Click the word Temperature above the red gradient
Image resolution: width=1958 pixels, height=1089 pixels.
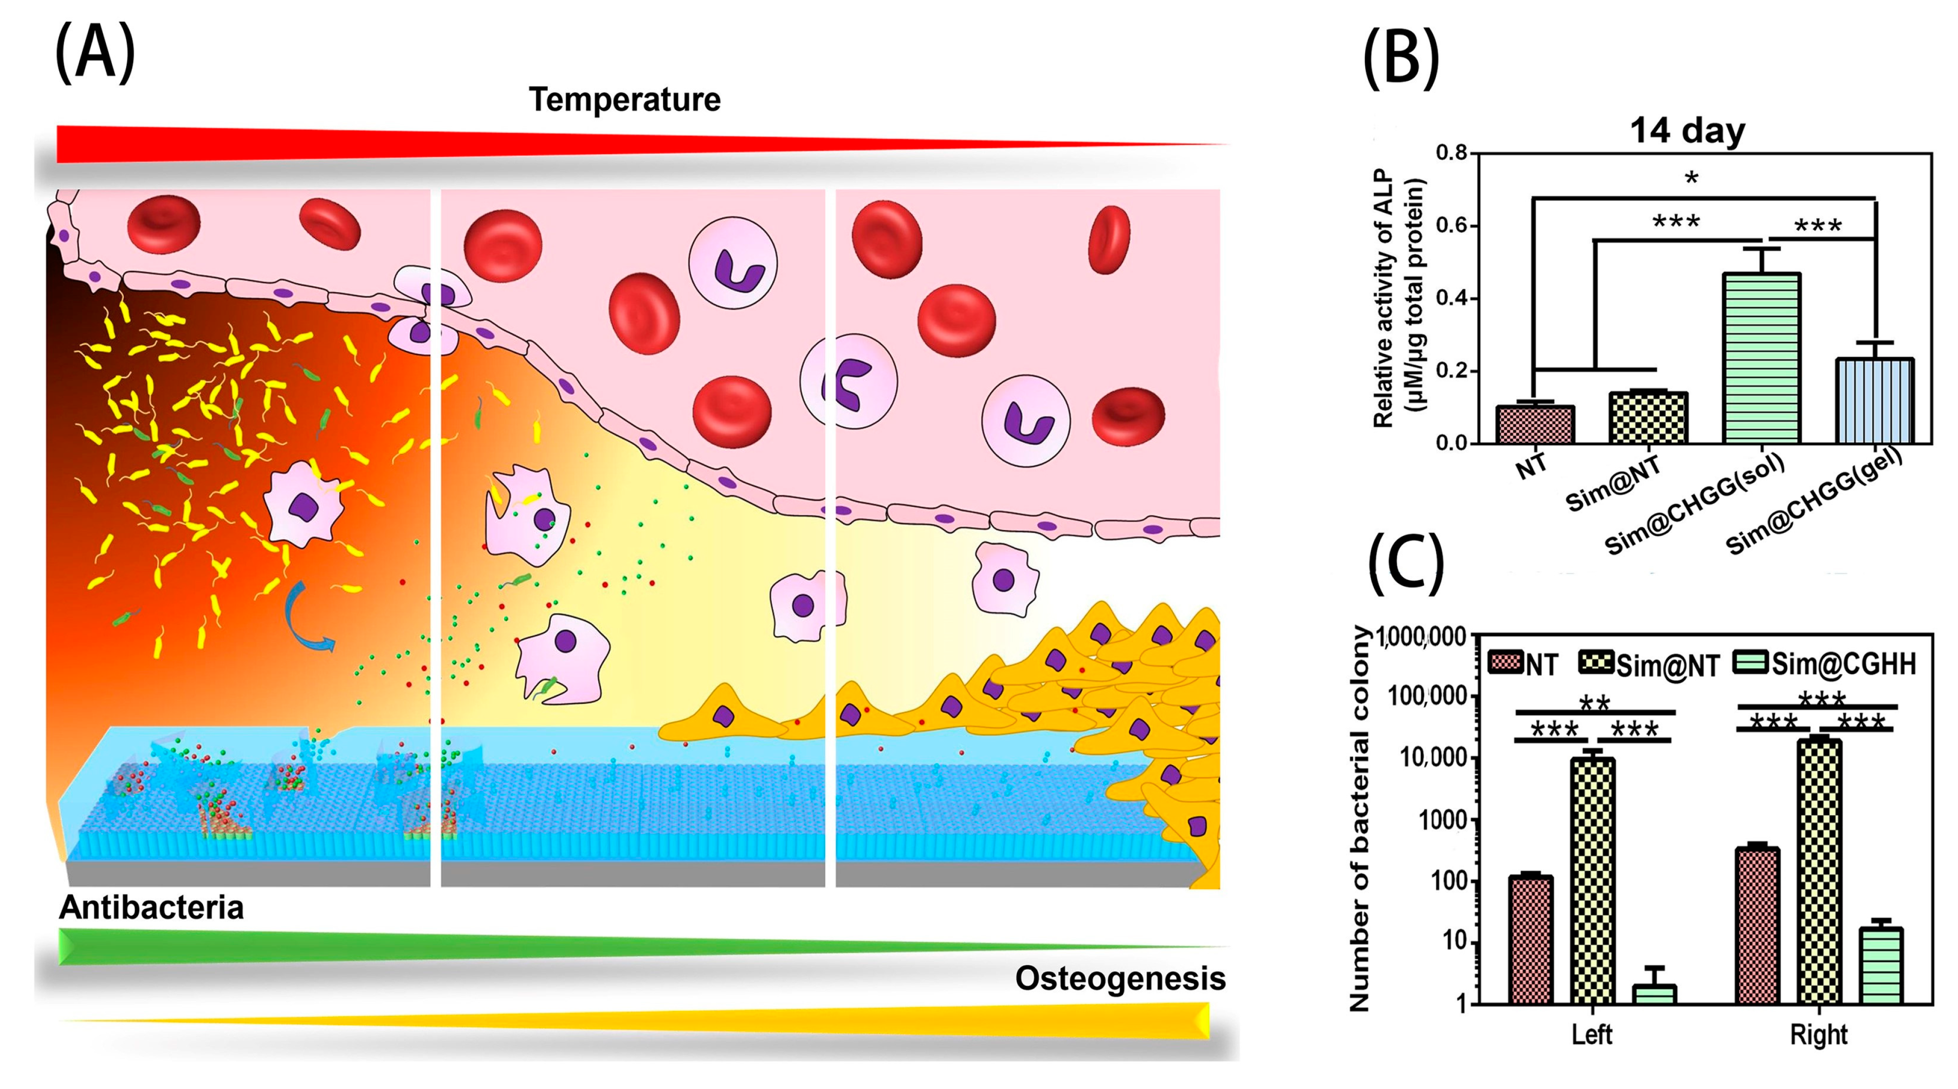(x=624, y=100)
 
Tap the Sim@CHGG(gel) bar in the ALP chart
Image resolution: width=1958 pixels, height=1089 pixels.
(x=1874, y=401)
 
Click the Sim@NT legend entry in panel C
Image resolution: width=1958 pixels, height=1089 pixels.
(x=1650, y=665)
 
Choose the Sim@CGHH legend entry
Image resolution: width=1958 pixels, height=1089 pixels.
(x=1824, y=663)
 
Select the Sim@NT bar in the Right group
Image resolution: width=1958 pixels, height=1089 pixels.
(x=1819, y=870)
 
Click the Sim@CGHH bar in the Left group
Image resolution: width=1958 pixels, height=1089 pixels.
(x=1654, y=994)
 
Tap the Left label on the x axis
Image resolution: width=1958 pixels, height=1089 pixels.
(x=1591, y=1034)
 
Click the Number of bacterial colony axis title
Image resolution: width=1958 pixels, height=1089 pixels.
(x=1358, y=821)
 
